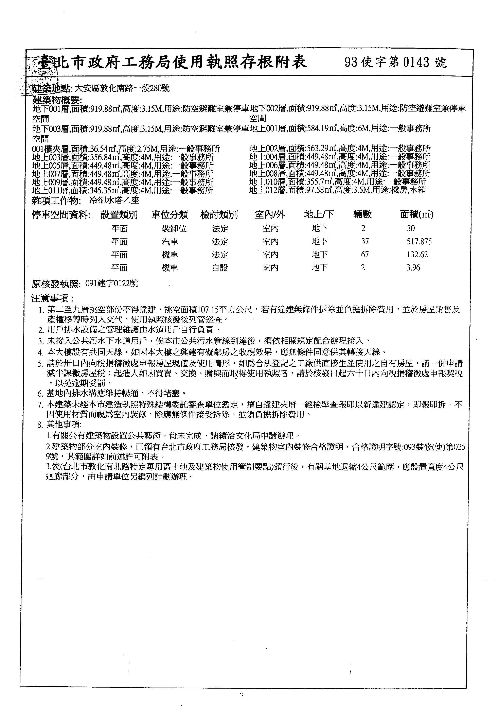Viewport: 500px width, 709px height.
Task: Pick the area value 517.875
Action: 419,241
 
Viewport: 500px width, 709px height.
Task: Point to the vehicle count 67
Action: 365,255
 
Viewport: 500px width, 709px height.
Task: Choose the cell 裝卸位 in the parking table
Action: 174,228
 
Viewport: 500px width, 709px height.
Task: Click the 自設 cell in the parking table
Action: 220,268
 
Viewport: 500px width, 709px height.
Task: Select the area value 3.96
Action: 413,268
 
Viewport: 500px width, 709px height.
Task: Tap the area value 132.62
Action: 417,255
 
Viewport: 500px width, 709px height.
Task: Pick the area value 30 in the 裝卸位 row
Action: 411,228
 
